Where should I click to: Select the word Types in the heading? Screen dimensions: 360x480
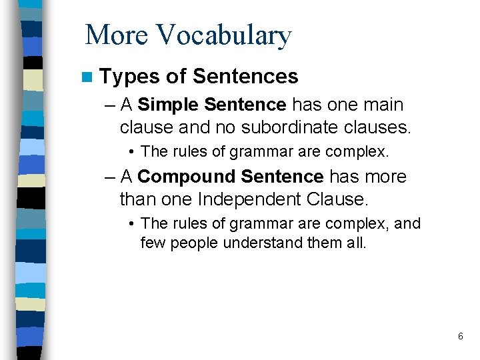click(x=129, y=77)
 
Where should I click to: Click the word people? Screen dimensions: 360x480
click(x=195, y=243)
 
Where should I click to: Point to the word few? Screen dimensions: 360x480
click(x=153, y=243)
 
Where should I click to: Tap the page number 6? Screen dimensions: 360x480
click(x=460, y=336)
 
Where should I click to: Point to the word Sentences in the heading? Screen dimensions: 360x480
click(x=245, y=77)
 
